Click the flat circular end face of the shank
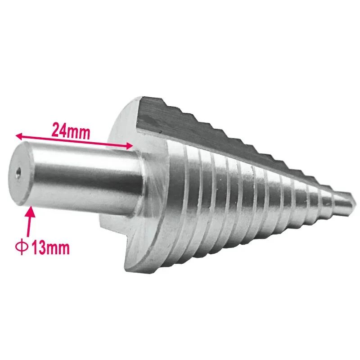click(19, 173)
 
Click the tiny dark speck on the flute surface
click(160, 131)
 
